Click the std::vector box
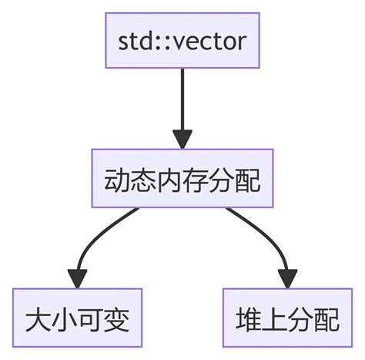tap(182, 41)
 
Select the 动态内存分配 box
tap(182, 179)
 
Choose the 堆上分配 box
tap(286, 318)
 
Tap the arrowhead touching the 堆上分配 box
tap(287, 276)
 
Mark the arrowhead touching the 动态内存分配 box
tap(182, 138)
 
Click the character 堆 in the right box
tap(247, 318)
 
